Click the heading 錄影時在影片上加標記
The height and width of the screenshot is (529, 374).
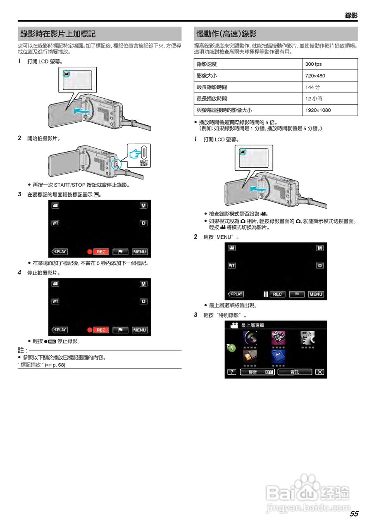point(58,34)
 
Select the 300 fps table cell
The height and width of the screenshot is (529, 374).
point(313,64)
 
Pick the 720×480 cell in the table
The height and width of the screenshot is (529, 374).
point(315,76)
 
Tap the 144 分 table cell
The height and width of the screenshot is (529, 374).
point(312,87)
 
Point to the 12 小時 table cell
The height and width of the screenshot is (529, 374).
point(314,99)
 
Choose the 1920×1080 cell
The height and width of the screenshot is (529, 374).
point(318,110)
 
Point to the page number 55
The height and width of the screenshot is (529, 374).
point(354,514)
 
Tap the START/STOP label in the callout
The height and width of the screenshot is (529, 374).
point(143,163)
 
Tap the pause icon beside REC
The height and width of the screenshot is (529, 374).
point(266,294)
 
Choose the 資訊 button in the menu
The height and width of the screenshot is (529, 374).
point(295,372)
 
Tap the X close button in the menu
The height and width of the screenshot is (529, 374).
point(319,372)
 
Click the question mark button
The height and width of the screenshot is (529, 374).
point(232,372)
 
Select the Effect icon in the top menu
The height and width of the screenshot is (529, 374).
point(278,338)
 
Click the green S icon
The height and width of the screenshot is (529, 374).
point(231,348)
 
